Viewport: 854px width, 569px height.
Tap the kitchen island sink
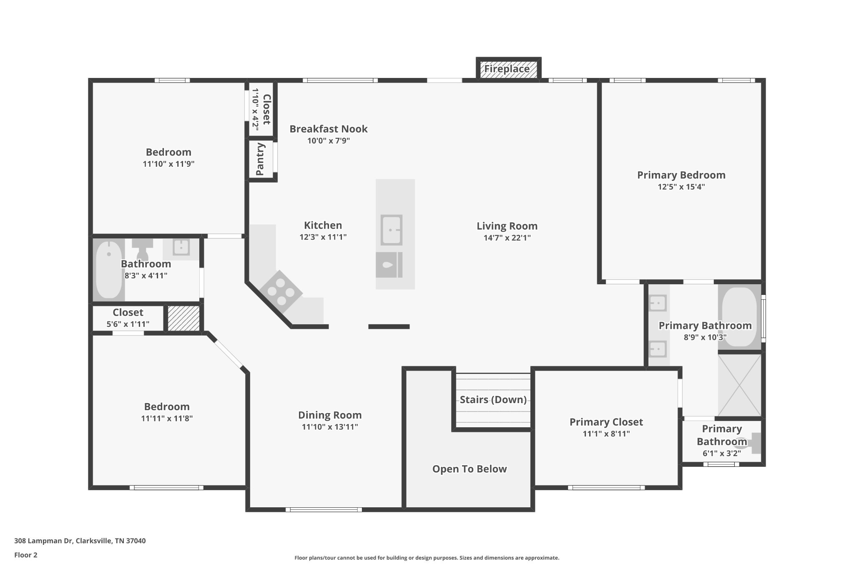pyautogui.click(x=391, y=230)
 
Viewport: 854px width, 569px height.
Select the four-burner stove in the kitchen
pyautogui.click(x=281, y=291)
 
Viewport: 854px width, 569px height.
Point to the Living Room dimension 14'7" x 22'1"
pyautogui.click(x=507, y=238)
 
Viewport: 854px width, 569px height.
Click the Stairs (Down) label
pyautogui.click(x=493, y=400)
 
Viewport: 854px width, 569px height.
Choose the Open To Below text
pyautogui.click(x=470, y=469)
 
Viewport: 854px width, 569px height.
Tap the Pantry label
pyautogui.click(x=261, y=159)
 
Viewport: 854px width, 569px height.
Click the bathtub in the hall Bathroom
pyautogui.click(x=109, y=269)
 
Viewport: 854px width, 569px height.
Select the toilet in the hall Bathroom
pyautogui.click(x=143, y=248)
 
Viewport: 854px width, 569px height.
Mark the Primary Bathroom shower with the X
pyautogui.click(x=739, y=385)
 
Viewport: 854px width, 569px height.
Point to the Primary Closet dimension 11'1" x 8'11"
pyautogui.click(x=606, y=434)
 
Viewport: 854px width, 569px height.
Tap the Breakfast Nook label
pyautogui.click(x=329, y=129)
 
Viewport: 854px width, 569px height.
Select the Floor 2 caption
pyautogui.click(x=26, y=555)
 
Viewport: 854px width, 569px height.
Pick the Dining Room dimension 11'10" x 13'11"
pyautogui.click(x=330, y=427)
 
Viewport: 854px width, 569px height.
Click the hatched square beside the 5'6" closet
pyautogui.click(x=183, y=318)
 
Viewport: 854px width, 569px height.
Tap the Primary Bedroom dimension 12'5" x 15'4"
pyautogui.click(x=681, y=187)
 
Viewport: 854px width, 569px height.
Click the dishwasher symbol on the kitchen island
pyautogui.click(x=389, y=265)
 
